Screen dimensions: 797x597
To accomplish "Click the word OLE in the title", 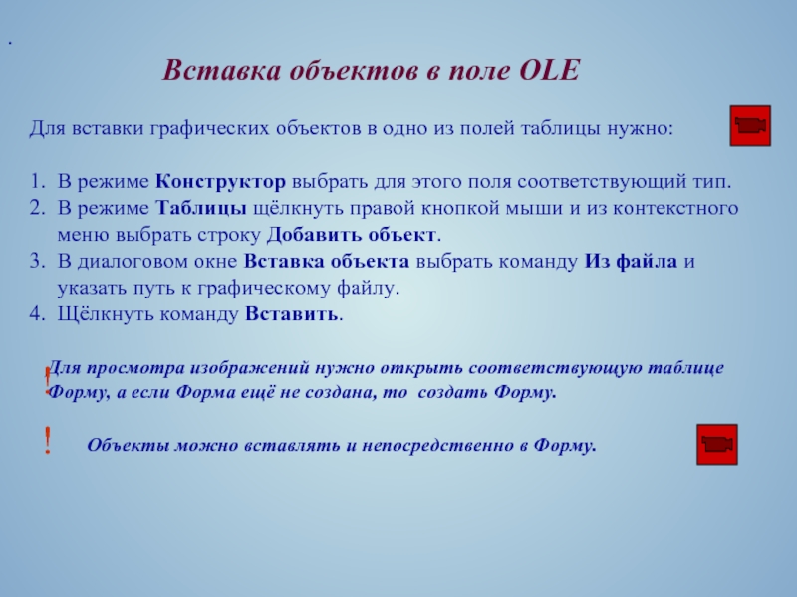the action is click(550, 70).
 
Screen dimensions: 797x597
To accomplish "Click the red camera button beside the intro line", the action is click(750, 126).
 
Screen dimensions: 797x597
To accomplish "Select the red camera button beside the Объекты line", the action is click(716, 444).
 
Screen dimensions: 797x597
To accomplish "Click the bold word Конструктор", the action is click(220, 182).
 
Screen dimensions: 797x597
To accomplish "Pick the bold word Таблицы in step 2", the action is click(201, 209).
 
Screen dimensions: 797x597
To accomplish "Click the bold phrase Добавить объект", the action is click(352, 235).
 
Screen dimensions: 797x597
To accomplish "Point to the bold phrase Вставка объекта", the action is click(327, 261).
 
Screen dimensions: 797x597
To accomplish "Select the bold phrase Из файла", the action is click(631, 261).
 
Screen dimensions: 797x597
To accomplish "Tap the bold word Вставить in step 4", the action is click(292, 314).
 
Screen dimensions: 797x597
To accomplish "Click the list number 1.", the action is click(37, 182).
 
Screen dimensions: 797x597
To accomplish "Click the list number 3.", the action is click(37, 261).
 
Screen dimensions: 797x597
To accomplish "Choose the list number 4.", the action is click(37, 313).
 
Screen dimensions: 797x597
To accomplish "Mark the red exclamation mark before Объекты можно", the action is click(47, 440).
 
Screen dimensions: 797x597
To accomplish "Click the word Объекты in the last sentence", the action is click(129, 445).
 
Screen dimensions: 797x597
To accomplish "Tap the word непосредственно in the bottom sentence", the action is click(437, 445).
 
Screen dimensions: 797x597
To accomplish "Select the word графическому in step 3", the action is click(264, 289).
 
